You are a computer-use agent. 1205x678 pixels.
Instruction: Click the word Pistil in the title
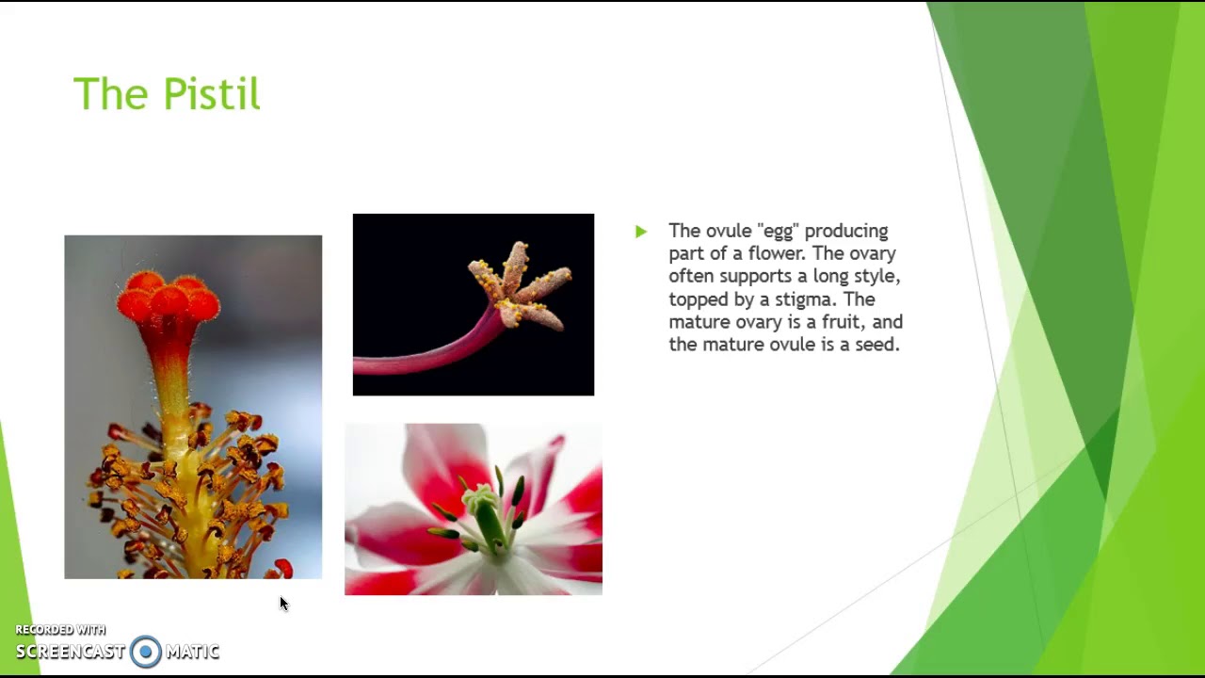pyautogui.click(x=211, y=94)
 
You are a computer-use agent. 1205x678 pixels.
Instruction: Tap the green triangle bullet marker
pyautogui.click(x=641, y=232)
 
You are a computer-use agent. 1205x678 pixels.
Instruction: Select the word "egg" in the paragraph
pyautogui.click(x=772, y=232)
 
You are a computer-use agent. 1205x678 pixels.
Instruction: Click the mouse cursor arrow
pyautogui.click(x=283, y=604)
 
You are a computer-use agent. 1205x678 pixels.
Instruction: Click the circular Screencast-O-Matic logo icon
pyautogui.click(x=146, y=652)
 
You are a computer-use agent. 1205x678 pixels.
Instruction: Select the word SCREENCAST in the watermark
pyautogui.click(x=71, y=652)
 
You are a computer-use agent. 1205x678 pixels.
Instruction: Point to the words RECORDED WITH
pyautogui.click(x=60, y=630)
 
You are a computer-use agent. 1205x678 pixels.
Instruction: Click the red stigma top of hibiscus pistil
pyautogui.click(x=168, y=296)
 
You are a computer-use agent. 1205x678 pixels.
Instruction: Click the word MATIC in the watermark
pyautogui.click(x=192, y=652)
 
